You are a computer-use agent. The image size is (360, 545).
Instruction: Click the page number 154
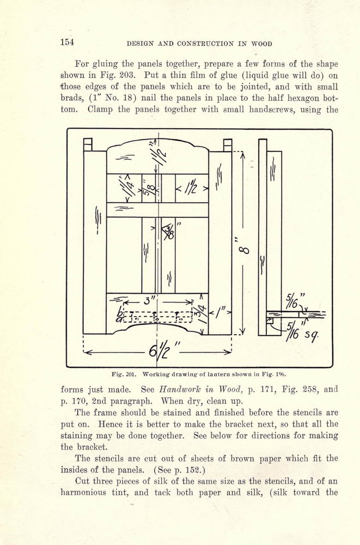68,43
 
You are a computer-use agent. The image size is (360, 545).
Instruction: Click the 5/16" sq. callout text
302,331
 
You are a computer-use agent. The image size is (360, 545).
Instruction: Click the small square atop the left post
88,144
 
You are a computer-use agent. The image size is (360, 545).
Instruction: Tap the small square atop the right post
228,145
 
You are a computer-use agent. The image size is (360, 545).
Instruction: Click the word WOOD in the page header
261,44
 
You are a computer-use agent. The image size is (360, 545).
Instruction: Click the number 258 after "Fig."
309,389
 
